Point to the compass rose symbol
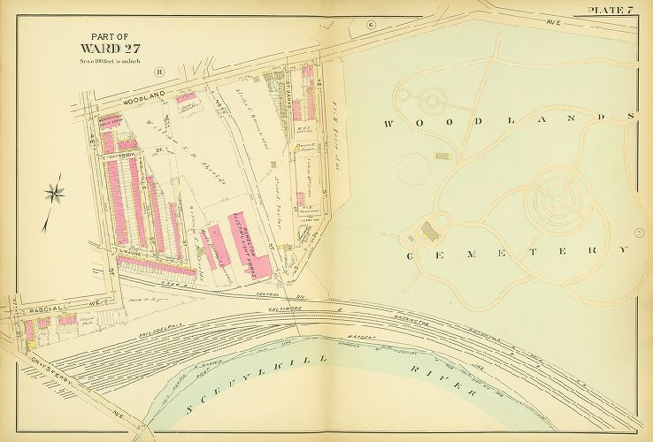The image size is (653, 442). [55, 190]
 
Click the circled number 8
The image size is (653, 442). [158, 72]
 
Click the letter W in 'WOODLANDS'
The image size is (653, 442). [388, 125]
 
